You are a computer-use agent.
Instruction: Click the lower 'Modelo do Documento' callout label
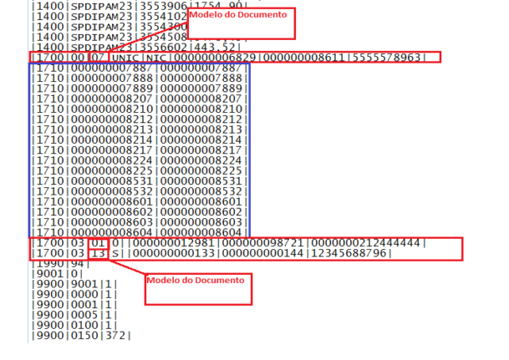tap(196, 279)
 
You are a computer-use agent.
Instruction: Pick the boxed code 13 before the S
tap(98, 253)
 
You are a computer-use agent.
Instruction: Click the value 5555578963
tap(392, 57)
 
